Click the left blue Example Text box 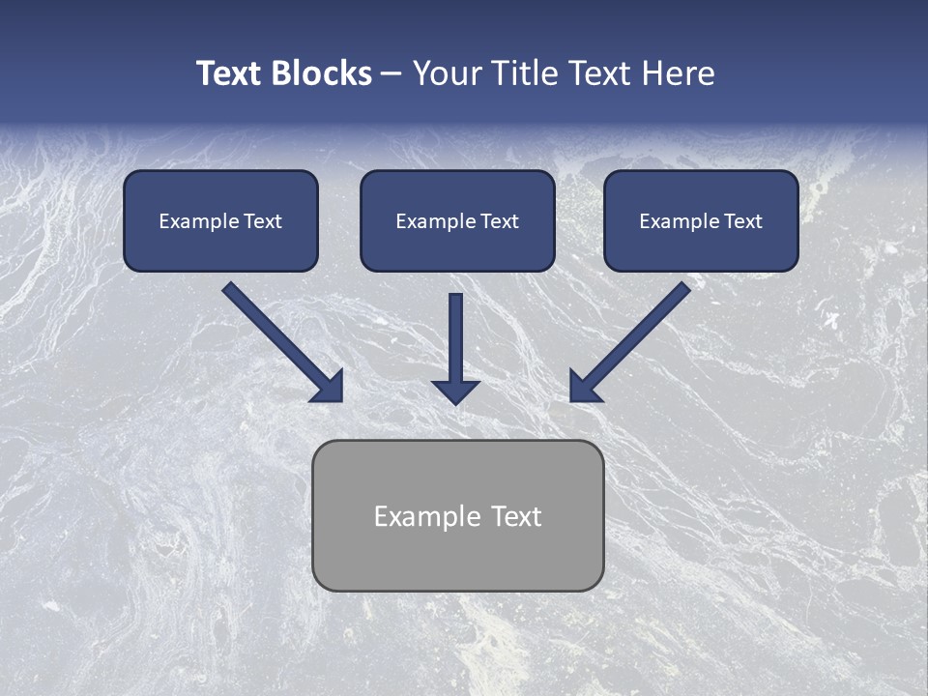[x=220, y=220]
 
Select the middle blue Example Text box [x=457, y=220]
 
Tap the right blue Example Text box [x=701, y=220]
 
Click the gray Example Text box [x=457, y=515]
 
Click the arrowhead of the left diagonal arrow [x=329, y=387]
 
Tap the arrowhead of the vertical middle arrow [x=455, y=391]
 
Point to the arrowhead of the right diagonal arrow [x=584, y=387]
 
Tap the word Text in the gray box [x=516, y=516]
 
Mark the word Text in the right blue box [x=742, y=221]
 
